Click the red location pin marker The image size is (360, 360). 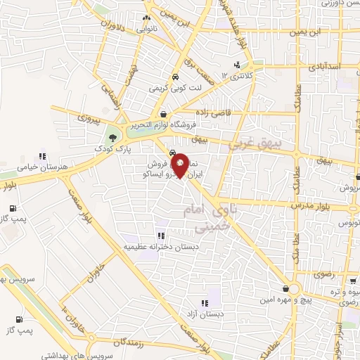pos(181,165)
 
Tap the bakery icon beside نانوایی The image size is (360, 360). pos(146,18)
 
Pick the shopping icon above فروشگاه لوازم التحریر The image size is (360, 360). pos(164,114)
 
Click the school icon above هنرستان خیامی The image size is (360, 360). pos(43,155)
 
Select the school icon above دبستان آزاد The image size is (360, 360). pos(204,303)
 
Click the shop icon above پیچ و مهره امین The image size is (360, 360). pos(285,289)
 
